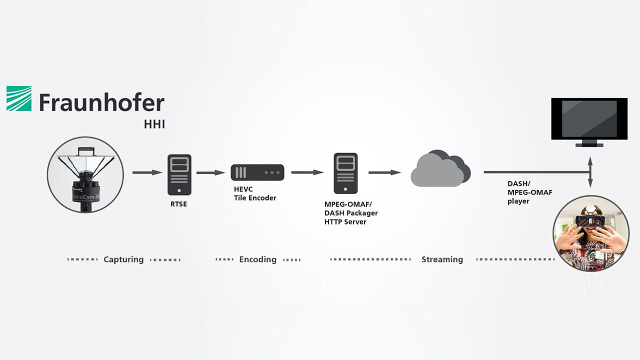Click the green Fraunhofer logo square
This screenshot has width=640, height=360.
[x=19, y=98]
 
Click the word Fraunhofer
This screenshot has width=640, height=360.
[x=101, y=103]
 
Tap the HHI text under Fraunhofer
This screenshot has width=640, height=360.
[x=154, y=123]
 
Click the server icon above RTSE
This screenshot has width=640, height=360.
[x=179, y=174]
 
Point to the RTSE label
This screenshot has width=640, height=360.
[x=178, y=204]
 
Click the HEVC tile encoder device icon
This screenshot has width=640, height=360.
[x=257, y=172]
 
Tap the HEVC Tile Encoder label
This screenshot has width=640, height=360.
[x=255, y=193]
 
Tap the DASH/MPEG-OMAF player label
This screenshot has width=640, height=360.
[x=529, y=192]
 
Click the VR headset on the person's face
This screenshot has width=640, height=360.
[x=590, y=220]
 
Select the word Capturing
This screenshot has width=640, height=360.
[x=123, y=259]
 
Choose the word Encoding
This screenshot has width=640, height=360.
[x=257, y=259]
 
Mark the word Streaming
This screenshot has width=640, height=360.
[x=442, y=259]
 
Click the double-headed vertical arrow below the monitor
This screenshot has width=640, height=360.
[x=590, y=172]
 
